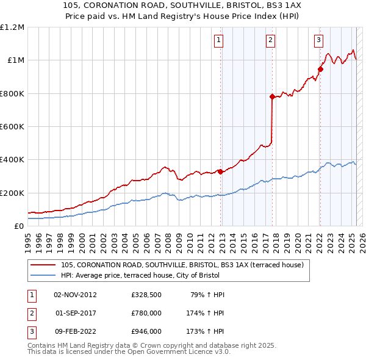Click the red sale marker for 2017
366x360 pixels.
click(x=272, y=96)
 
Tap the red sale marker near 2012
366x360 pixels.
click(x=220, y=171)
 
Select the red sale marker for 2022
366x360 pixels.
click(x=320, y=69)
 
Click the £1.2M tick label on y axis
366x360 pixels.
click(x=12, y=27)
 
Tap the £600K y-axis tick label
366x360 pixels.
click(x=12, y=127)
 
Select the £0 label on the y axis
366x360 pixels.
click(x=20, y=226)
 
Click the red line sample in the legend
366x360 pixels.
click(x=43, y=265)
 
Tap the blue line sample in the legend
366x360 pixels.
click(x=43, y=275)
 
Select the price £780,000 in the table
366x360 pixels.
click(x=146, y=314)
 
